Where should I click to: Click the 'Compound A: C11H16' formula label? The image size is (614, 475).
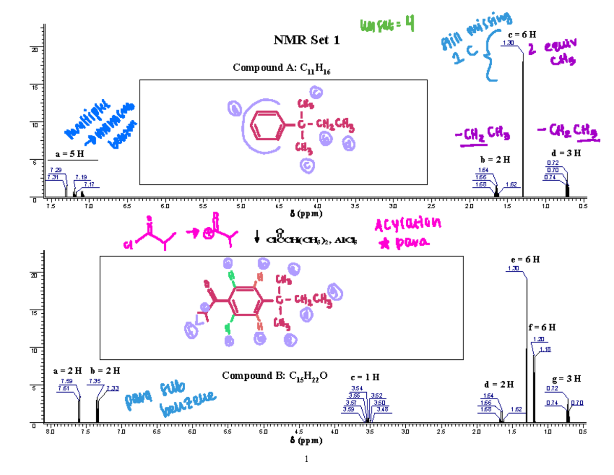pyautogui.click(x=283, y=68)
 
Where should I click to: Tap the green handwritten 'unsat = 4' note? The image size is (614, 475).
pyautogui.click(x=387, y=23)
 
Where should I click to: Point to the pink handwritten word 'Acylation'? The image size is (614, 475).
pyautogui.click(x=407, y=225)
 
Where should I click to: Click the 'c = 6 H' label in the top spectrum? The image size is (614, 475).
pyautogui.click(x=522, y=35)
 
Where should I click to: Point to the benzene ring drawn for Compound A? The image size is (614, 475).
pyautogui.click(x=266, y=125)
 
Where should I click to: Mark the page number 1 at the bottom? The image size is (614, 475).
pyautogui.click(x=306, y=459)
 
